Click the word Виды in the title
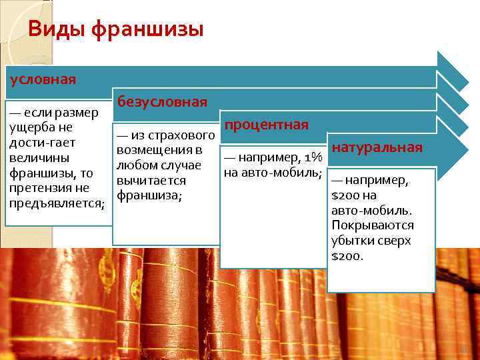pyautogui.click(x=57, y=30)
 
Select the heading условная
pyautogui.click(x=42, y=79)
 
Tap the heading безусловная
pyautogui.click(x=162, y=102)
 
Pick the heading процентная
pyautogui.click(x=266, y=125)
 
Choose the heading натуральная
pyautogui.click(x=377, y=147)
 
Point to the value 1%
pyautogui.click(x=312, y=159)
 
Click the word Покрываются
pyautogui.click(x=372, y=226)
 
